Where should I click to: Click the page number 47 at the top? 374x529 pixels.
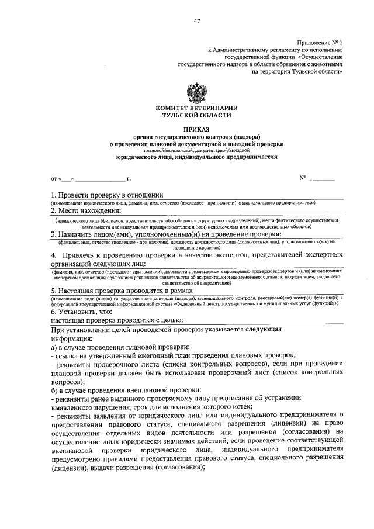pos(197,22)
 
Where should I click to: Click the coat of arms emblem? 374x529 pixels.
pos(196,93)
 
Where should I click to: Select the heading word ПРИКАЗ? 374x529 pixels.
pos(196,128)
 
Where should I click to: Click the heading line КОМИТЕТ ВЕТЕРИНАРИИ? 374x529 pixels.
pos(196,108)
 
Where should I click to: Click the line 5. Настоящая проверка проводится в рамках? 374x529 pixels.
pos(123,290)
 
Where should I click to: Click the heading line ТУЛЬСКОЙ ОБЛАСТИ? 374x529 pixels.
pos(196,116)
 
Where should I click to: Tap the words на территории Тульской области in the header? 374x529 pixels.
pos(296,71)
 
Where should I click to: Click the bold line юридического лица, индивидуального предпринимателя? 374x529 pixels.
pos(196,157)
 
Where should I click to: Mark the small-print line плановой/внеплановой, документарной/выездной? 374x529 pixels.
pos(196,150)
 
